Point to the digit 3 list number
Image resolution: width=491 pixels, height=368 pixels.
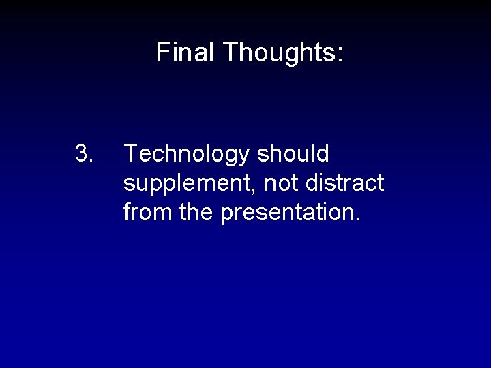click(82, 155)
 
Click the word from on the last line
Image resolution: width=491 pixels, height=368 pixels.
click(146, 213)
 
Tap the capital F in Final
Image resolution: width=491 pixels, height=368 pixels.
click(162, 52)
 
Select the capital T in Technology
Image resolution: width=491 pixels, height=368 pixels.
click(130, 155)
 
